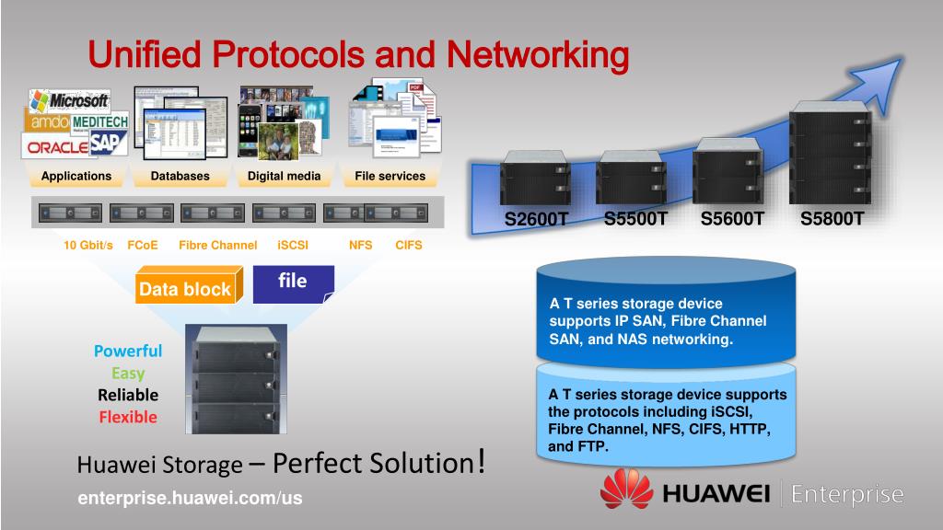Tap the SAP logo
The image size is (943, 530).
click(x=109, y=143)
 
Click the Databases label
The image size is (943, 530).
click(x=180, y=176)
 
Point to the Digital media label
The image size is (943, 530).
click(x=285, y=176)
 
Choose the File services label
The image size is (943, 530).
click(x=390, y=176)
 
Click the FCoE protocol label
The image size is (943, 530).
click(x=143, y=246)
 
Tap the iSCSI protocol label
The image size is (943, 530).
click(x=293, y=246)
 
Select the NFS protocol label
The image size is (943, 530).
click(x=361, y=246)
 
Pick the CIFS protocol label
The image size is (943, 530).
click(x=409, y=246)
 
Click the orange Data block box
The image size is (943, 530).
click(x=186, y=289)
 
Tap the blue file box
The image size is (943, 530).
click(x=293, y=282)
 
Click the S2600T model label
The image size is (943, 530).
click(x=536, y=220)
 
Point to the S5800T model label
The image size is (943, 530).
click(x=832, y=219)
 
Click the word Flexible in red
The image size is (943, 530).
click(x=128, y=417)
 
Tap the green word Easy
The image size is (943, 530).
click(x=128, y=373)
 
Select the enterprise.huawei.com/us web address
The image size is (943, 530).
click(x=190, y=498)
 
